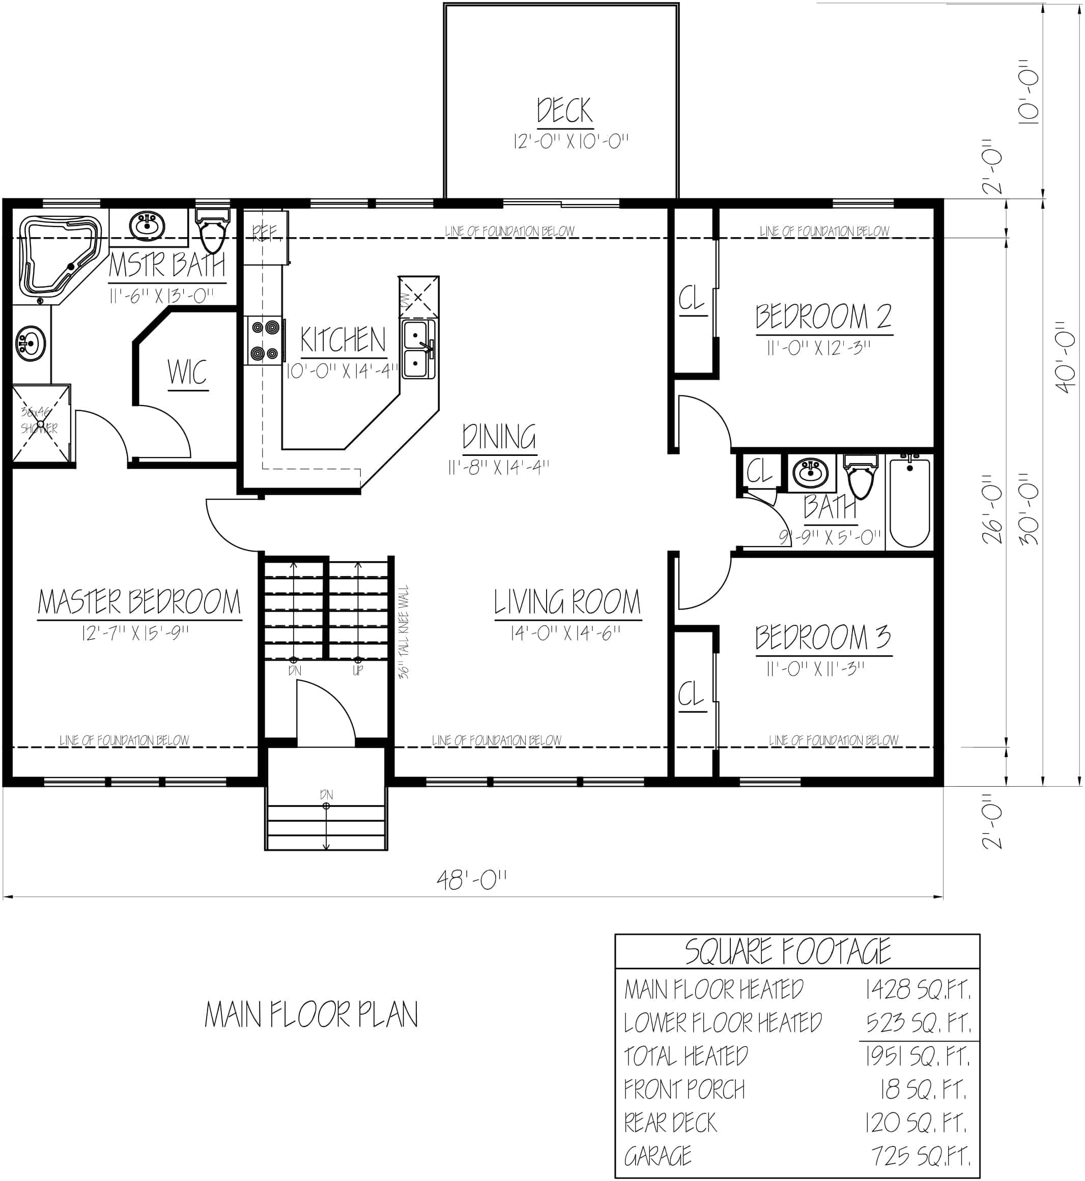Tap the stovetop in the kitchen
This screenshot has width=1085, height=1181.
(x=264, y=340)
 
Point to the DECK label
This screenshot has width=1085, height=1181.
(x=565, y=110)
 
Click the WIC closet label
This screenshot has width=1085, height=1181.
(x=187, y=372)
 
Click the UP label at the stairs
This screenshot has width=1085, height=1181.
(x=358, y=670)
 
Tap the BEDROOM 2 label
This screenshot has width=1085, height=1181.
(x=823, y=317)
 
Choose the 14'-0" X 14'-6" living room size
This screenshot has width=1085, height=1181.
(x=565, y=633)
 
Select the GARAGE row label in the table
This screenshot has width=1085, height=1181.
(x=658, y=1157)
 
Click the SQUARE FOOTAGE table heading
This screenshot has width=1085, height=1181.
(x=788, y=952)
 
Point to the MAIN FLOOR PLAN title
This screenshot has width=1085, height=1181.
(x=311, y=1015)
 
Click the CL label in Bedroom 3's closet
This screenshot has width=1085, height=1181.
(x=691, y=695)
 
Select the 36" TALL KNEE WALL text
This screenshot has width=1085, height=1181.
(x=404, y=631)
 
